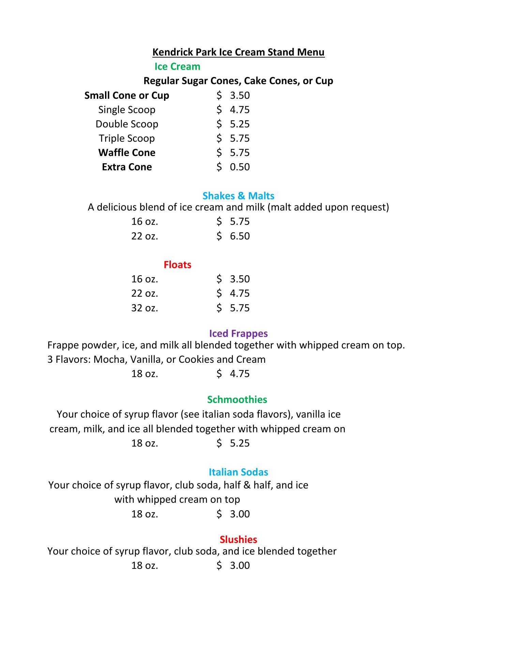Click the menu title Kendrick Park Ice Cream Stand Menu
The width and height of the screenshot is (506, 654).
[238, 52]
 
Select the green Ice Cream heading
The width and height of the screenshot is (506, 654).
[177, 66]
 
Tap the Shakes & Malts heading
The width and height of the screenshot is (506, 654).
[238, 196]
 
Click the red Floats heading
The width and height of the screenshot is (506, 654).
[177, 265]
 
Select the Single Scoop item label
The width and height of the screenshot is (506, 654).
[127, 110]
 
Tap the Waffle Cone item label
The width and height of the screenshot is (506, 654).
[127, 153]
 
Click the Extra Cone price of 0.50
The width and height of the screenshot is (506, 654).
[240, 167]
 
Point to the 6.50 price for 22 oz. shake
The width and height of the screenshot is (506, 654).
[240, 236]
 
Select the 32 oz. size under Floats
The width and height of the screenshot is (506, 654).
[145, 308]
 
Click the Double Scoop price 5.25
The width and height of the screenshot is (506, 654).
[240, 124]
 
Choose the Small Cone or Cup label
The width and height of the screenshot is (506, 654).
[127, 95]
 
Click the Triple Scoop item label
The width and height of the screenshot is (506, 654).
[127, 138]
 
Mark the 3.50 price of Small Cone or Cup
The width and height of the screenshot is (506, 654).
[240, 95]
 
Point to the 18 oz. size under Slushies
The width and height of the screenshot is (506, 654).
[145, 565]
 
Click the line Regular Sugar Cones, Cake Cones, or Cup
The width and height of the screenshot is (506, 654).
[238, 81]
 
